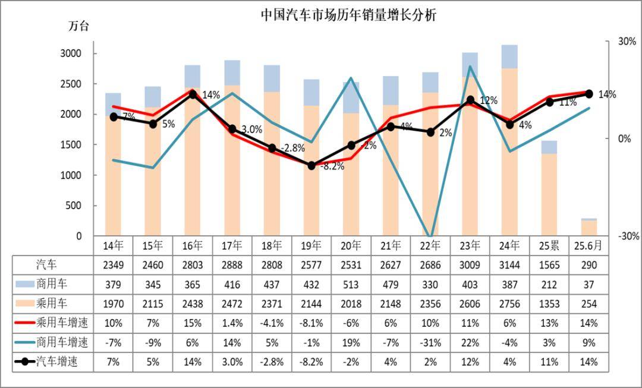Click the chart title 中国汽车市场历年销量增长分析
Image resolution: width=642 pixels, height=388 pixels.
349,15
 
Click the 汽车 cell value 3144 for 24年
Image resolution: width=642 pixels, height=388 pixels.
509,264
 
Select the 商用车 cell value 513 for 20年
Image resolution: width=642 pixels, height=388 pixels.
351,284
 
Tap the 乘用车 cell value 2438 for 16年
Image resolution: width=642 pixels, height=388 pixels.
192,304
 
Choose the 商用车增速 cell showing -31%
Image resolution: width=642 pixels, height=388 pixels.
430,343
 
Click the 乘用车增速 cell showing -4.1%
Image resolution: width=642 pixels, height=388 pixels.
272,323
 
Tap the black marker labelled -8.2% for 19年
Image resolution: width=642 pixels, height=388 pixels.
311,165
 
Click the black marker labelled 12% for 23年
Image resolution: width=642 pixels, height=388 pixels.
470,100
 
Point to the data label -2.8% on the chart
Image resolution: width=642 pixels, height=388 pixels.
292,147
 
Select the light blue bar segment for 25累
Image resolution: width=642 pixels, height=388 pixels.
549,147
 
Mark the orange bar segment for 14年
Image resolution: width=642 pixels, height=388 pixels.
113,178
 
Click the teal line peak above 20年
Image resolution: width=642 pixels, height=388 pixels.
351,78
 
